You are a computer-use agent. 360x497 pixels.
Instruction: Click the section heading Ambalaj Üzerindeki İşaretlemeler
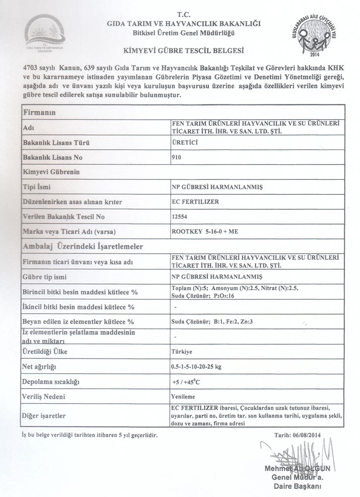tap(83, 247)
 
